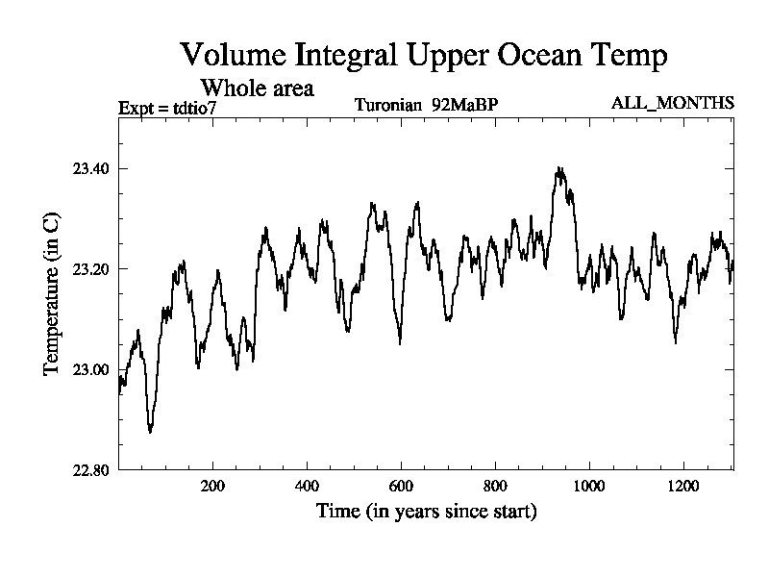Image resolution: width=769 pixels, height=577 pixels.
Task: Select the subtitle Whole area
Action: pyautogui.click(x=257, y=88)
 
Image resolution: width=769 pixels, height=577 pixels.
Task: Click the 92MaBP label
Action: pyautogui.click(x=464, y=104)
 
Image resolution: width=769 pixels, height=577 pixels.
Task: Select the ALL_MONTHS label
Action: pyautogui.click(x=673, y=103)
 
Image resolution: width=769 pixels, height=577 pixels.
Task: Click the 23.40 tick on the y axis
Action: pyautogui.click(x=91, y=169)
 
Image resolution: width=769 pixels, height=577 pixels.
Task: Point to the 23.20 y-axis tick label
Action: pyautogui.click(x=91, y=269)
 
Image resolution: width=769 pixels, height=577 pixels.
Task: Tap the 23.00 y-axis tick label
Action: pyautogui.click(x=91, y=369)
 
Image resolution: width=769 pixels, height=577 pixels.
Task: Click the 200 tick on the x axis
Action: pyautogui.click(x=212, y=487)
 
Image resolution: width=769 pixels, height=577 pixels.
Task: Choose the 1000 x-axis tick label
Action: pyautogui.click(x=589, y=487)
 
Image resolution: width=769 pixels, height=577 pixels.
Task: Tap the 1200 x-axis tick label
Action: pyautogui.click(x=683, y=487)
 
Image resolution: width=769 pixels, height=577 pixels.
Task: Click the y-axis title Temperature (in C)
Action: pyautogui.click(x=53, y=294)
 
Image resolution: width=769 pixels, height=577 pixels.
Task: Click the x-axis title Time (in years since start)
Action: pyautogui.click(x=426, y=511)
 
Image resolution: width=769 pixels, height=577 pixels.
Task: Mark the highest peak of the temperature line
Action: pyautogui.click(x=559, y=168)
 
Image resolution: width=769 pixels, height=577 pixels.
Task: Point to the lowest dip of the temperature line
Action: pyautogui.click(x=150, y=432)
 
